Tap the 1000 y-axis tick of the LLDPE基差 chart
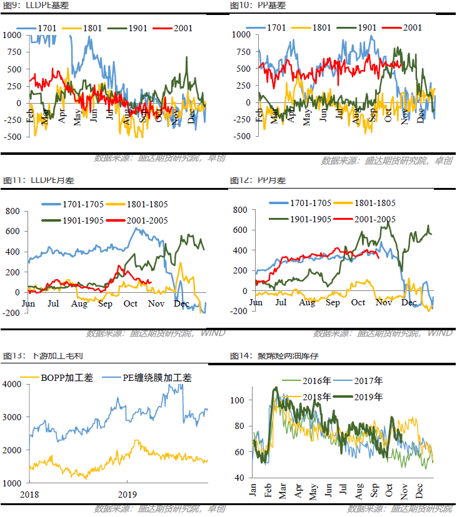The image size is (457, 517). click(x=12, y=35)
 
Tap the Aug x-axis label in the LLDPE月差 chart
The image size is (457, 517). click(x=79, y=303)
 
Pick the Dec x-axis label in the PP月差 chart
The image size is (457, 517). click(x=409, y=302)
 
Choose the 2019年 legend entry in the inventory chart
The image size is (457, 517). click(x=369, y=396)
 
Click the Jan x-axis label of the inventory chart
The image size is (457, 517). click(x=253, y=490)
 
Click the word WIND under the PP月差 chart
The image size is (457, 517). click(x=440, y=333)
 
